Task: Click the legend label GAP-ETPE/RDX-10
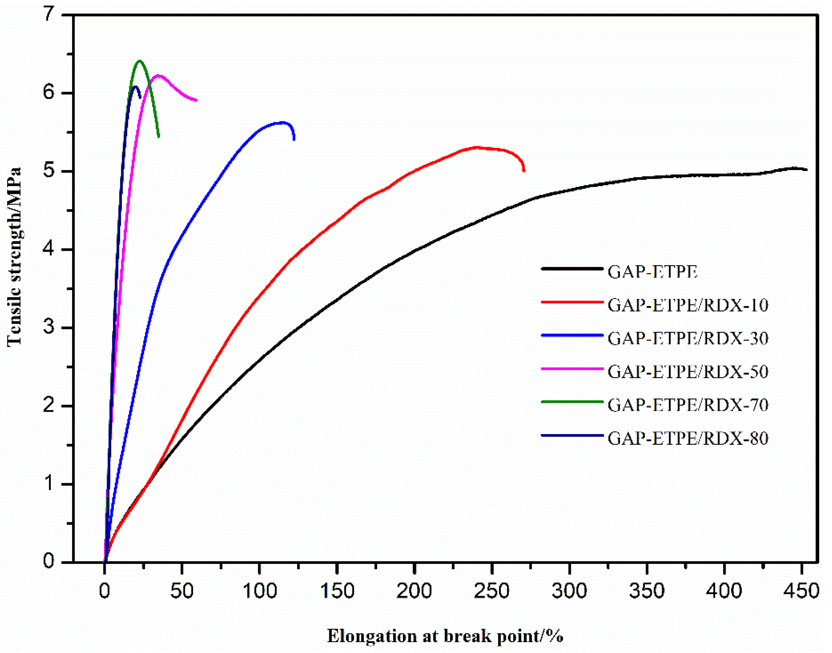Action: [688, 306]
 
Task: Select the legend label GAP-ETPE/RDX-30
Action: [688, 339]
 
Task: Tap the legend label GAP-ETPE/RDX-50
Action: [688, 372]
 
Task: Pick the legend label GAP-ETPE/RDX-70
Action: [688, 405]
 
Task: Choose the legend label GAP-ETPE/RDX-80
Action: [688, 438]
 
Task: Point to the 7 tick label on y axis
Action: [49, 15]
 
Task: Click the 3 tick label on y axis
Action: [49, 328]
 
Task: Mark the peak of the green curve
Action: [140, 61]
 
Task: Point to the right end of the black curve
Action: [806, 170]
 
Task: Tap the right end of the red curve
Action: [524, 171]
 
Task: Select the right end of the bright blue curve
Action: [294, 140]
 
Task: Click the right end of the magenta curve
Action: [196, 101]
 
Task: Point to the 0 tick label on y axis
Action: [49, 562]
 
